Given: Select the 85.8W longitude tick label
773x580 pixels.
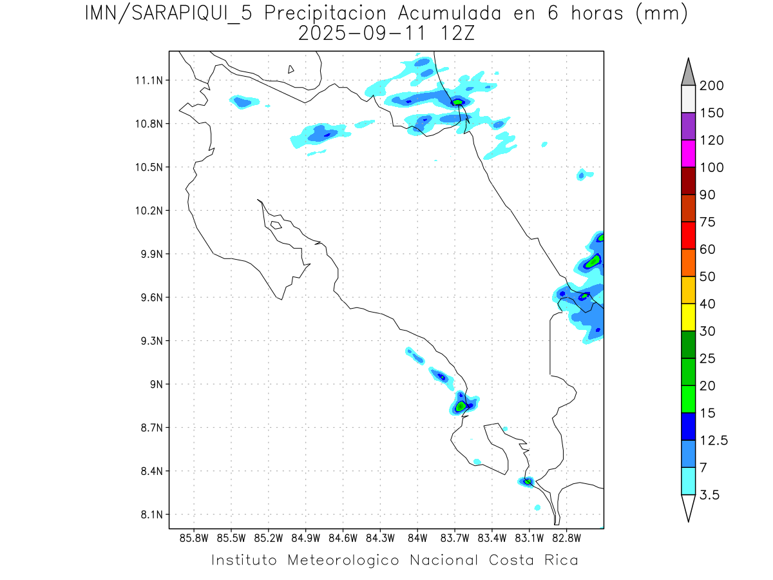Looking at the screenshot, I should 194,537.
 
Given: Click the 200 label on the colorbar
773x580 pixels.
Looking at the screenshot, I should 712,86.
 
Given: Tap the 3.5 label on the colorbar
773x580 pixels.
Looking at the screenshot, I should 710,495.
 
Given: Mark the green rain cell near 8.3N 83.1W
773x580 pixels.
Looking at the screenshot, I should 528,481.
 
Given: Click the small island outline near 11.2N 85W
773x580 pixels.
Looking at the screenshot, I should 291,69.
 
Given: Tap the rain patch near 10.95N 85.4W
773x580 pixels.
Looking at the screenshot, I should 243,101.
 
